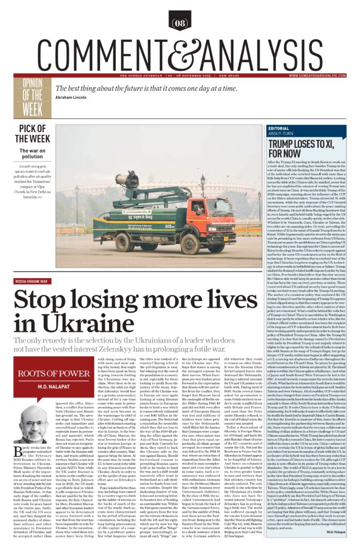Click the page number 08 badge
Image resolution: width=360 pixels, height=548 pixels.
(180, 23)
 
